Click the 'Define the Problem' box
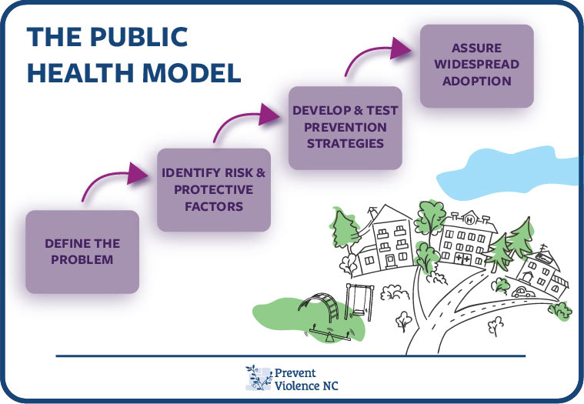(x=82, y=252)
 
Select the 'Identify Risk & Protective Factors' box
(x=214, y=189)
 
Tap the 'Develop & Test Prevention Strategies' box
(x=345, y=128)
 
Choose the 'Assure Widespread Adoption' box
(x=477, y=66)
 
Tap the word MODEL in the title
(x=192, y=72)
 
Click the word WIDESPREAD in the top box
(x=477, y=64)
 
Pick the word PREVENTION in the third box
(x=345, y=127)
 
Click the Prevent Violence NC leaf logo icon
(x=259, y=378)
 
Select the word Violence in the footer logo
(x=296, y=386)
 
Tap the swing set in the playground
(x=359, y=302)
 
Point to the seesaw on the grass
(x=329, y=334)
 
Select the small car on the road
(x=523, y=292)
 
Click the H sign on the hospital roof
(x=469, y=219)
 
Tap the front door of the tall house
(x=390, y=261)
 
